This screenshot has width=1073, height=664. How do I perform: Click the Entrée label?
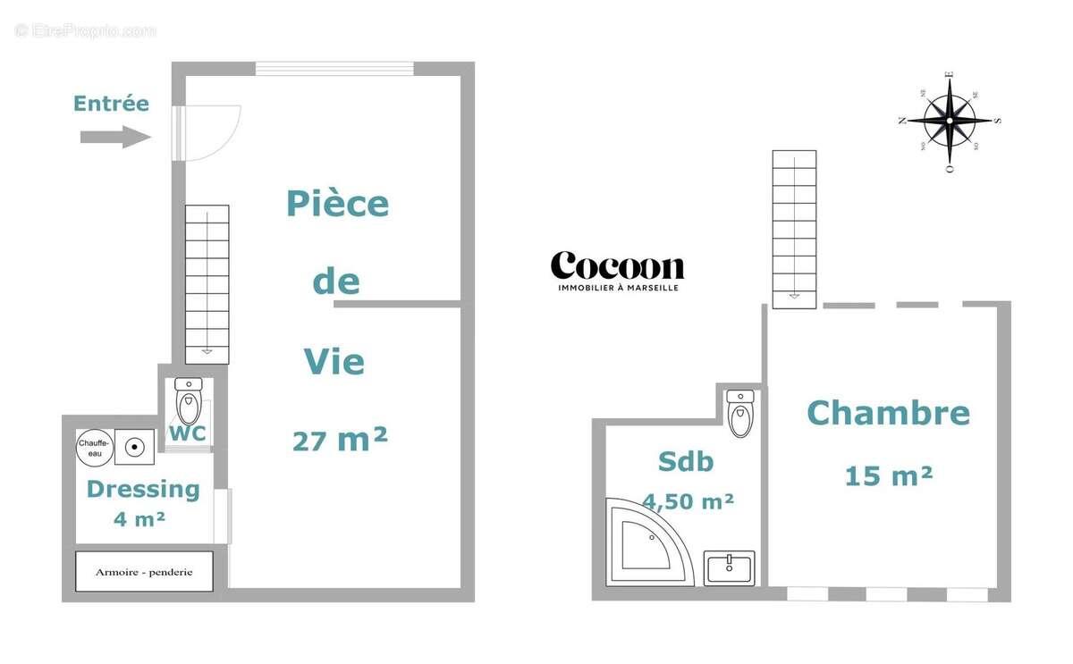pos(111,104)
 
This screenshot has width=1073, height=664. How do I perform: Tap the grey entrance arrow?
pos(115,137)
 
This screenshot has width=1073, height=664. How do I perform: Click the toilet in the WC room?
pos(189,402)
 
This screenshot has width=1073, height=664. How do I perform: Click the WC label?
pos(188,433)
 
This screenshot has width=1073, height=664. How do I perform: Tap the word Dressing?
pos(143,489)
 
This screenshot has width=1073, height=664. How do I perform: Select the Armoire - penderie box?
pos(144,571)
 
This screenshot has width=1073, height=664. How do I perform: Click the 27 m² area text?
pos(340,440)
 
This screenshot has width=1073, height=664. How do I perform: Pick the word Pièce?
pos(337,204)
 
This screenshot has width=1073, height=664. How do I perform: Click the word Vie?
pos(334,362)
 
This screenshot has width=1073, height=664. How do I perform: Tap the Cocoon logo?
pos(617,266)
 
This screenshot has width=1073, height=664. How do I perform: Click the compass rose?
pos(950,121)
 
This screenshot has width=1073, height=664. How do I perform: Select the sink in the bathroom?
pos(730,567)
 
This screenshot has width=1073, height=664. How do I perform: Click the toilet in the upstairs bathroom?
pos(740,413)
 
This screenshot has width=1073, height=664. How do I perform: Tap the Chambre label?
pos(888,413)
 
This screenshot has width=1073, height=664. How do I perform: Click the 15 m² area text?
pos(889,475)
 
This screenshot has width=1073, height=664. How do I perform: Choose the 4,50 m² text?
pos(689,501)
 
